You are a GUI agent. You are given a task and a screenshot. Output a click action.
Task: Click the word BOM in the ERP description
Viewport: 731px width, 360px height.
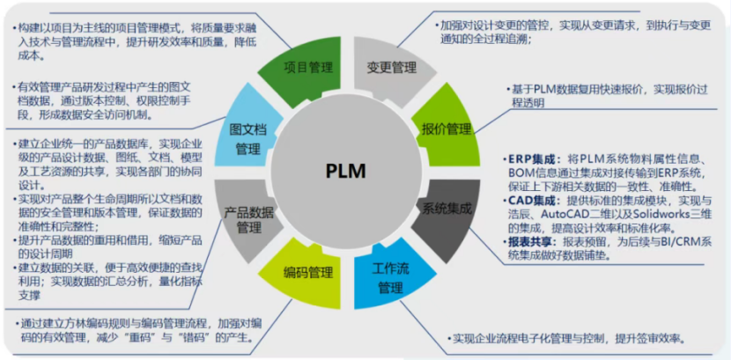tap(523, 173)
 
